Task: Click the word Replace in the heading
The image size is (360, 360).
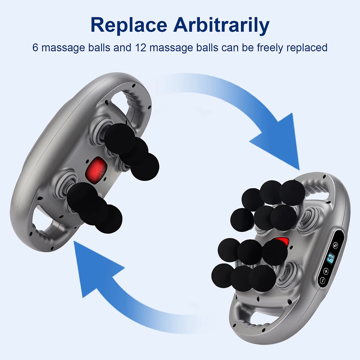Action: [129, 25]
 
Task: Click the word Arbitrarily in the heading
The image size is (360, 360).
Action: [221, 25]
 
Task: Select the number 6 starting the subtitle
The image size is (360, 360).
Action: [35, 48]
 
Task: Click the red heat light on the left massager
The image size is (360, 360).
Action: [96, 169]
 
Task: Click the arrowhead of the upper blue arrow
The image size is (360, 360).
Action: [279, 140]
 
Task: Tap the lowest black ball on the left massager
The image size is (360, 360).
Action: [109, 219]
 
